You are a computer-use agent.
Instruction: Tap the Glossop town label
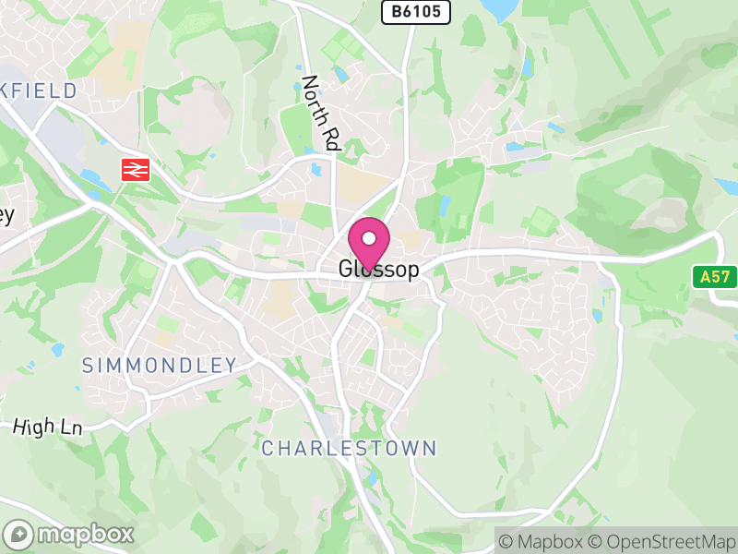pyautogui.click(x=378, y=270)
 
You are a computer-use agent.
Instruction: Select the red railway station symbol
pyautogui.click(x=136, y=169)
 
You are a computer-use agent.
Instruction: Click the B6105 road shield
pyautogui.click(x=416, y=11)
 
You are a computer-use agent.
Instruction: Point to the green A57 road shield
pyautogui.click(x=714, y=276)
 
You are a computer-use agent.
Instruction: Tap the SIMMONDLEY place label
pyautogui.click(x=160, y=365)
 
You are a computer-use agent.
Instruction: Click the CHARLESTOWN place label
pyautogui.click(x=349, y=449)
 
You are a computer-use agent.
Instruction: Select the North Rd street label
pyautogui.click(x=321, y=113)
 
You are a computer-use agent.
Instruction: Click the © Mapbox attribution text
pyautogui.click(x=543, y=541)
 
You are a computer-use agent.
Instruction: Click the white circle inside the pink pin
pyautogui.click(x=369, y=238)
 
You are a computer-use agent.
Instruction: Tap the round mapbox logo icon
pyautogui.click(x=19, y=534)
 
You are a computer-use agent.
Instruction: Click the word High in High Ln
pyautogui.click(x=34, y=428)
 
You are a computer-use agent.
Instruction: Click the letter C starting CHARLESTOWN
pyautogui.click(x=268, y=449)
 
